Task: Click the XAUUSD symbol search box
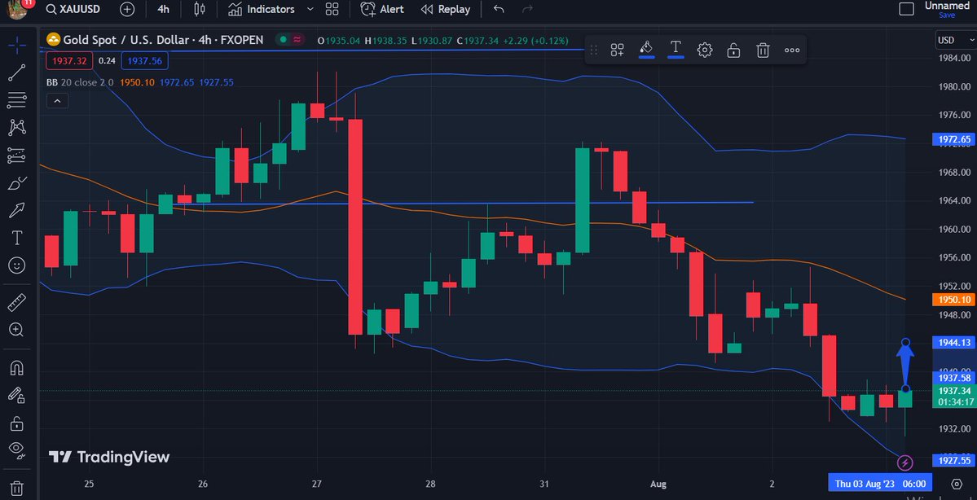click(73, 9)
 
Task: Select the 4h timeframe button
click(163, 9)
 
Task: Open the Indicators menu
click(262, 9)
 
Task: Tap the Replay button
click(446, 9)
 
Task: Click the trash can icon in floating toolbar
click(763, 50)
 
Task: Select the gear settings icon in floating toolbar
click(705, 50)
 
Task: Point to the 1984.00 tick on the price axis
click(953, 58)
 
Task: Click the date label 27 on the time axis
click(317, 484)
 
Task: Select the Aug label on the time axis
click(658, 484)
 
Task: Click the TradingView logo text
click(123, 457)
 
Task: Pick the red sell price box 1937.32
click(70, 60)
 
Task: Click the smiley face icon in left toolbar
click(16, 265)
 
